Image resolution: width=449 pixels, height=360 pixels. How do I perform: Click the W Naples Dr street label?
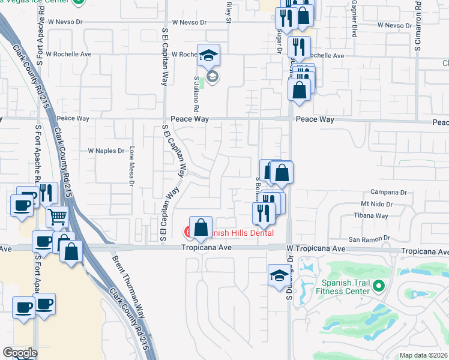(x=106, y=151)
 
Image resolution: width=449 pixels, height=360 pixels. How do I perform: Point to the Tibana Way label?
(x=371, y=216)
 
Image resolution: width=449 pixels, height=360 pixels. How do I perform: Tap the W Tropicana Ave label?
(x=316, y=248)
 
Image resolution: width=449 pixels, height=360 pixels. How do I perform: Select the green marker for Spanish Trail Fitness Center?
(x=378, y=286)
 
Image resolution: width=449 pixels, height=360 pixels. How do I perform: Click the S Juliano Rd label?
(x=196, y=95)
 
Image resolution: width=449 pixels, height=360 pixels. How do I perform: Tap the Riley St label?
(x=229, y=11)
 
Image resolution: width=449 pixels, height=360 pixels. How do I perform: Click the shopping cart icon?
(x=58, y=217)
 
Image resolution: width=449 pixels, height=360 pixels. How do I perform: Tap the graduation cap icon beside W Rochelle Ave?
(x=208, y=55)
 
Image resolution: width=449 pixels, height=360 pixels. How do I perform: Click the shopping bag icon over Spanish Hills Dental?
(x=201, y=227)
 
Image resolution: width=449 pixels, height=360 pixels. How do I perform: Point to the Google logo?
(x=20, y=353)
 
